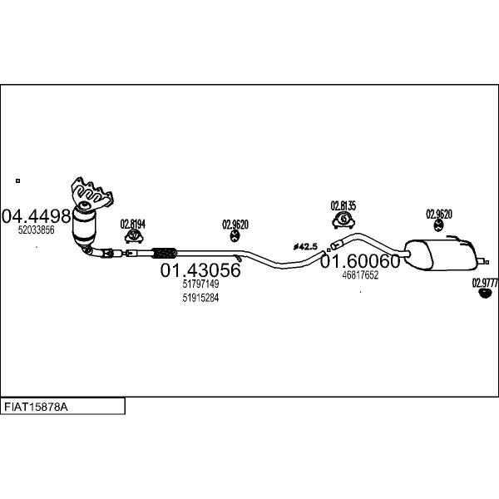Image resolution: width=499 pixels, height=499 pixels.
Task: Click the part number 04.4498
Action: pyautogui.click(x=36, y=216)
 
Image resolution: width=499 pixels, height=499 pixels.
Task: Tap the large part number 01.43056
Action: pyautogui.click(x=200, y=270)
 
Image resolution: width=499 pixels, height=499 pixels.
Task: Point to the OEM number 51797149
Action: pyautogui.click(x=200, y=284)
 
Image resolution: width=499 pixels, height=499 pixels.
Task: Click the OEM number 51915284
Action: pyautogui.click(x=200, y=298)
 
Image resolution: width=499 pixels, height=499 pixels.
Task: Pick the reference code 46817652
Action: pyautogui.click(x=360, y=275)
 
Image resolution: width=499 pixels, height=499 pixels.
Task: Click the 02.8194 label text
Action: pyautogui.click(x=133, y=223)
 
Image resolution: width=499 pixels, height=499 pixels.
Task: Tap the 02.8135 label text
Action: pyautogui.click(x=343, y=205)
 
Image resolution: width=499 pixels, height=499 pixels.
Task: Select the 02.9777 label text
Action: pyautogui.click(x=485, y=283)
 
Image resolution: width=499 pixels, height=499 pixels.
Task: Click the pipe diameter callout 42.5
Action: pyautogui.click(x=306, y=246)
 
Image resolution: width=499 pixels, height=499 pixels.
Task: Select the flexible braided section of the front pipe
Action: pyautogui.click(x=166, y=250)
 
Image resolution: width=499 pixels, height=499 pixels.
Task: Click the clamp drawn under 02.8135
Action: pyautogui.click(x=343, y=220)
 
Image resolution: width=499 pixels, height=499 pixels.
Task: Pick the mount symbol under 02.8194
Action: pyautogui.click(x=133, y=237)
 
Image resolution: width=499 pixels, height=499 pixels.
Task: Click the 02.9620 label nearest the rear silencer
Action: pyautogui.click(x=439, y=214)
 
